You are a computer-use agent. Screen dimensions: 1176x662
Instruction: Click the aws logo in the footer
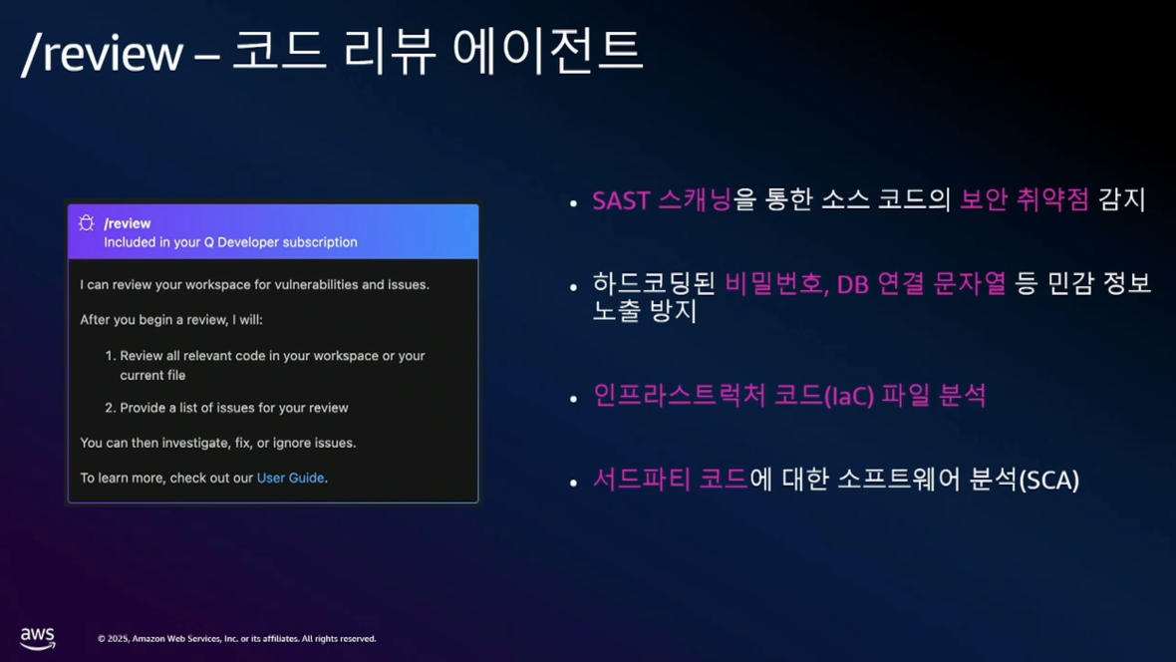(38, 638)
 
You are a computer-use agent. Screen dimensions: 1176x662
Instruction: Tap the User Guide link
(290, 479)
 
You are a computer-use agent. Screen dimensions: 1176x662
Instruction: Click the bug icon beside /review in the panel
(87, 223)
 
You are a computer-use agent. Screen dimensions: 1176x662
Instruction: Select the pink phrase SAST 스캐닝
(662, 200)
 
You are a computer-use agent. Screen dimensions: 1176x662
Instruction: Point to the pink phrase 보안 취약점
(1025, 199)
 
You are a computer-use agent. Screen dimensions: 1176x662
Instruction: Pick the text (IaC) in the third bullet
(849, 396)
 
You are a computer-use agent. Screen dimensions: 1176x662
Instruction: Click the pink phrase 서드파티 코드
(671, 479)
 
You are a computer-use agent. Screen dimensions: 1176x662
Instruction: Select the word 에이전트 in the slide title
(547, 52)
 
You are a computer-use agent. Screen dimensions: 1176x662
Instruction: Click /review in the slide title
(103, 54)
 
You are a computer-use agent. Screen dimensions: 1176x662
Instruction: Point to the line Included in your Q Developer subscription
(230, 242)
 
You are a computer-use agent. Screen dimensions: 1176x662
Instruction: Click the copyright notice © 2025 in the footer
(237, 639)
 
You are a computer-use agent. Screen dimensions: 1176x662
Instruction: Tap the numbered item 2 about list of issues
(226, 408)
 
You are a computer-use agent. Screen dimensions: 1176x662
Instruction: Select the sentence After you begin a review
(171, 320)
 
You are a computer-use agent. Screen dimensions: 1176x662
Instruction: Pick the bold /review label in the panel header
(128, 223)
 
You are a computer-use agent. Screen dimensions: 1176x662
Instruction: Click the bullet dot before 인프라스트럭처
(574, 399)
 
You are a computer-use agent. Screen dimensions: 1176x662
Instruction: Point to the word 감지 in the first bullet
(1122, 199)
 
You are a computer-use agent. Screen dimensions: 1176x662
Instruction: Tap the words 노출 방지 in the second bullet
(645, 311)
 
